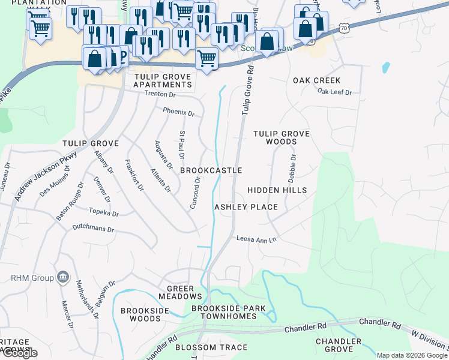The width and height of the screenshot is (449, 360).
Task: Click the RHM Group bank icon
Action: [x=62, y=277]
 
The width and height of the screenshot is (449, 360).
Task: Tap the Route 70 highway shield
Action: [x=343, y=28]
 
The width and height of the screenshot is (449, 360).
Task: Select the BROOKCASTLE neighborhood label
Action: [x=211, y=170]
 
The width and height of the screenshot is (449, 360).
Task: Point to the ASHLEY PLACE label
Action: [x=246, y=207]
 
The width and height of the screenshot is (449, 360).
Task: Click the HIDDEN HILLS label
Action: [x=277, y=190]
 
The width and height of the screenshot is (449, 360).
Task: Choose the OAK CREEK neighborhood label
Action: [x=316, y=80]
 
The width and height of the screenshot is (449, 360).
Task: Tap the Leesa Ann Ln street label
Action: [x=256, y=239]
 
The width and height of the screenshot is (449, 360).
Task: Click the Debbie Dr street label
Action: [x=293, y=169]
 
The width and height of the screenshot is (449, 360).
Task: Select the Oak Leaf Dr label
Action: [x=334, y=92]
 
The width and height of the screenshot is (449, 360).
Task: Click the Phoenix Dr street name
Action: [x=179, y=113]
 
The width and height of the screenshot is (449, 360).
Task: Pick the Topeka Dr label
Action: [x=104, y=212]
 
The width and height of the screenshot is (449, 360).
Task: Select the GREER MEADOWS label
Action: [x=180, y=292]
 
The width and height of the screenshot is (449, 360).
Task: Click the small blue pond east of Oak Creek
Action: [x=385, y=67]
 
